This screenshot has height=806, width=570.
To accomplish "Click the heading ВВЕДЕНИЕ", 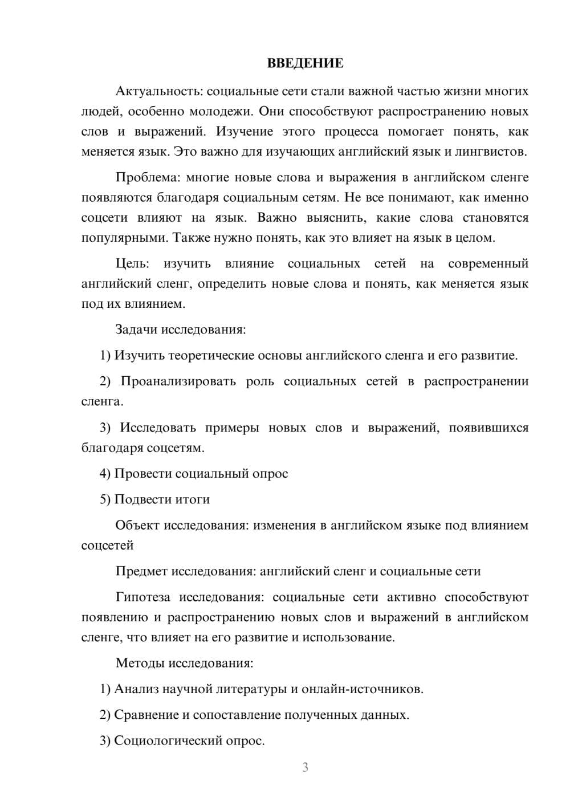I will (x=305, y=63).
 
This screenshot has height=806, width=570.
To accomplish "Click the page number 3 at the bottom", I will (x=305, y=767).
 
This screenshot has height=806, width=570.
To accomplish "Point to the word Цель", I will (x=132, y=263).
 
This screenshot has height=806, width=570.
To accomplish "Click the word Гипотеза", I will (x=142, y=597).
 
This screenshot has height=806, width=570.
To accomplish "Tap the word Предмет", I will (x=141, y=571).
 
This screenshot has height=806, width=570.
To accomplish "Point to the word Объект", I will (x=137, y=526).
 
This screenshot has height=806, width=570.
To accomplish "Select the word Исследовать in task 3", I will (x=157, y=428).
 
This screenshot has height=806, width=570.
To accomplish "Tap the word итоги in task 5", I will (x=193, y=499).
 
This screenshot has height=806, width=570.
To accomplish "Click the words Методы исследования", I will (x=184, y=663).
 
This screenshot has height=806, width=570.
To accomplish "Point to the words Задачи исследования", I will (x=180, y=329).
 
